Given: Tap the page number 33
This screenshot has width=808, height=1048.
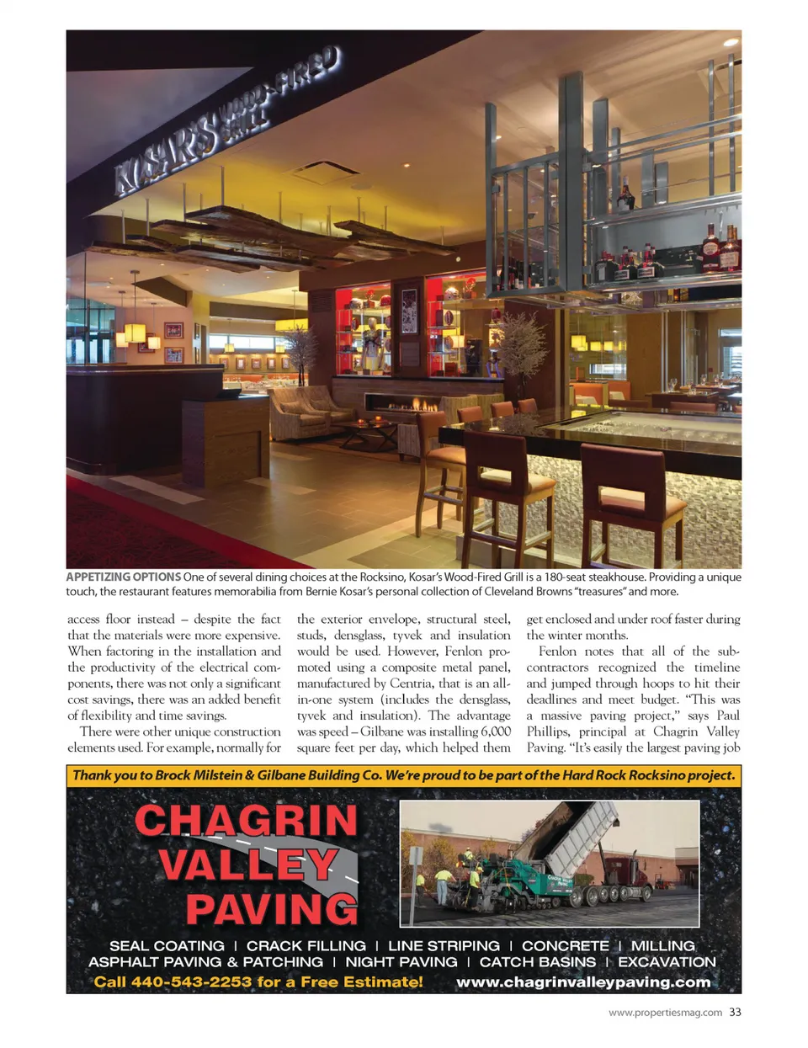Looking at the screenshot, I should click(x=735, y=1013).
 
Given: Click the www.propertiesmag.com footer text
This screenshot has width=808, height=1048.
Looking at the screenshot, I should click(x=665, y=1013).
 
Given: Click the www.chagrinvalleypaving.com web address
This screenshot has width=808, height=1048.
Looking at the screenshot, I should click(x=583, y=982).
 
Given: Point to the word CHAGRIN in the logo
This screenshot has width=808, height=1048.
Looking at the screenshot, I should click(x=246, y=821).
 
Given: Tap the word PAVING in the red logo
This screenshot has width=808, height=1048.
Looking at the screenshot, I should click(x=272, y=909).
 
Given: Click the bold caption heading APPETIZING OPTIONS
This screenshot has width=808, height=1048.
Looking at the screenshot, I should click(x=124, y=577).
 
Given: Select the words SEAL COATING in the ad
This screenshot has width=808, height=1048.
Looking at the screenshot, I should click(x=167, y=946).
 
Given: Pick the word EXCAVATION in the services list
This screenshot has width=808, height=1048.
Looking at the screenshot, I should click(x=667, y=962).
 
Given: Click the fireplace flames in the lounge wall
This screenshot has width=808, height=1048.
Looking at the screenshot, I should click(x=412, y=406).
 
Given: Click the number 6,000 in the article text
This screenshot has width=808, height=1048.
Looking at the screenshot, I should click(x=496, y=731).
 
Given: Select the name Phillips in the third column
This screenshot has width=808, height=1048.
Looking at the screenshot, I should click(x=550, y=731).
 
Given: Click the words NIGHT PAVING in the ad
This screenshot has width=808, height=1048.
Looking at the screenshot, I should click(x=401, y=962).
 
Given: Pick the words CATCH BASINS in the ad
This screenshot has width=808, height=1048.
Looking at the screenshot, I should click(x=537, y=962).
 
